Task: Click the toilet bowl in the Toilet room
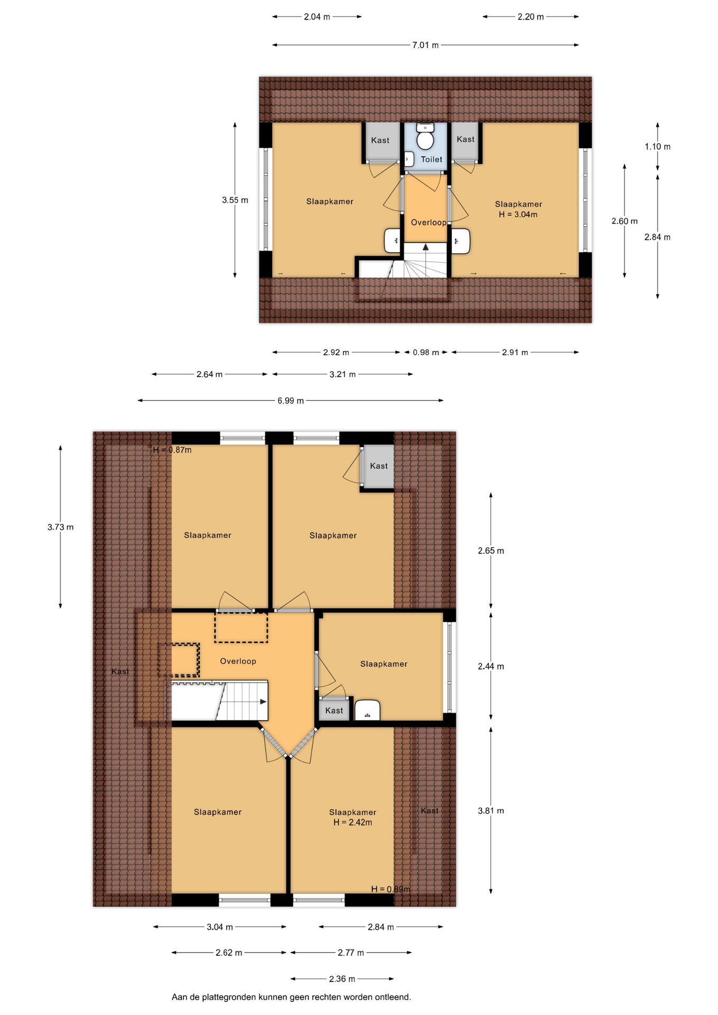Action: tap(425, 140)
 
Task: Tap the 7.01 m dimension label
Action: tap(425, 45)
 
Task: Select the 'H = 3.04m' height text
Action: tap(518, 215)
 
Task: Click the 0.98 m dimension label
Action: tap(426, 353)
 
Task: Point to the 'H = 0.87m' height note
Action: tap(172, 450)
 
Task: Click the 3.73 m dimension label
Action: tap(60, 527)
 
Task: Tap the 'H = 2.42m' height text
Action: tap(353, 823)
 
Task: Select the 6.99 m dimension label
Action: tap(290, 401)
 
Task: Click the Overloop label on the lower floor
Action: tap(238, 661)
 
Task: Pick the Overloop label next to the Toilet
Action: tap(428, 223)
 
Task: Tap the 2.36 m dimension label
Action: tap(342, 979)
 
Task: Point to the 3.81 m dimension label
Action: tap(491, 811)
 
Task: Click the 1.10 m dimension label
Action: tap(657, 147)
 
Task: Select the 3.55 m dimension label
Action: tap(235, 200)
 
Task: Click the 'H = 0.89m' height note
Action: tap(391, 889)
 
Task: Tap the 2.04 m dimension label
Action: tap(317, 17)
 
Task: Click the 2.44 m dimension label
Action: tap(491, 667)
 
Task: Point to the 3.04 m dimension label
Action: tap(219, 927)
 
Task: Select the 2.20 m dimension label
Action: tap(530, 17)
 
